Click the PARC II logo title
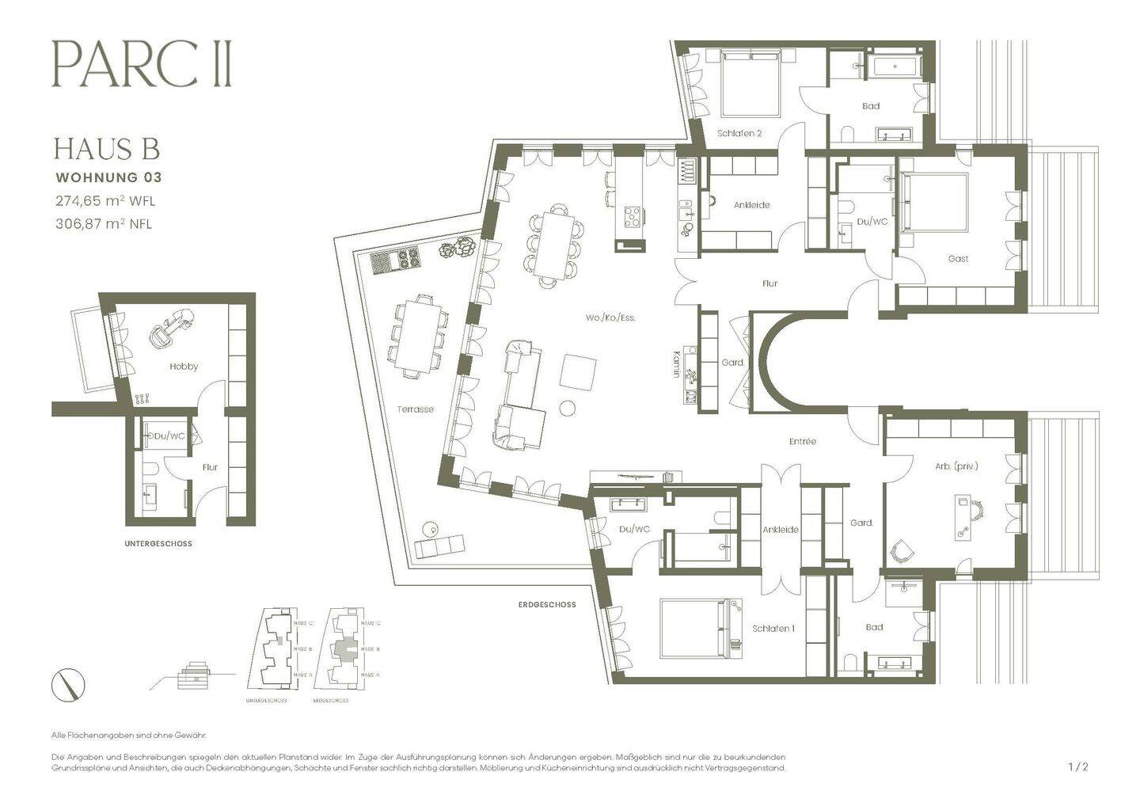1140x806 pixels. [142, 64]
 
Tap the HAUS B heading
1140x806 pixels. [107, 149]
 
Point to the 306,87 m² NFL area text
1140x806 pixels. [103, 223]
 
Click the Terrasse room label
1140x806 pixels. [415, 409]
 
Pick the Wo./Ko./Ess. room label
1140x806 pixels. [610, 317]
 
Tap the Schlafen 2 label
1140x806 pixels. [739, 133]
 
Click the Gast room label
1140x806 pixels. [958, 258]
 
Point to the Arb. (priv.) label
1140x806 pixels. [956, 466]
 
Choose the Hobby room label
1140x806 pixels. [184, 367]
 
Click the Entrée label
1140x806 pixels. [802, 441]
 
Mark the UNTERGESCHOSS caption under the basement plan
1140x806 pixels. [158, 544]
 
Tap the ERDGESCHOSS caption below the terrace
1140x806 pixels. [547, 604]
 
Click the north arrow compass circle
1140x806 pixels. [68, 685]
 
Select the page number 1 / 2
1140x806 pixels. [1078, 766]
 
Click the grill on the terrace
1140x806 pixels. [393, 260]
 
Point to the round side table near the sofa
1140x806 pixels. [568, 409]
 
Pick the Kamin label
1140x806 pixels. [677, 364]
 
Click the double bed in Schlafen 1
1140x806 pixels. [693, 628]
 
